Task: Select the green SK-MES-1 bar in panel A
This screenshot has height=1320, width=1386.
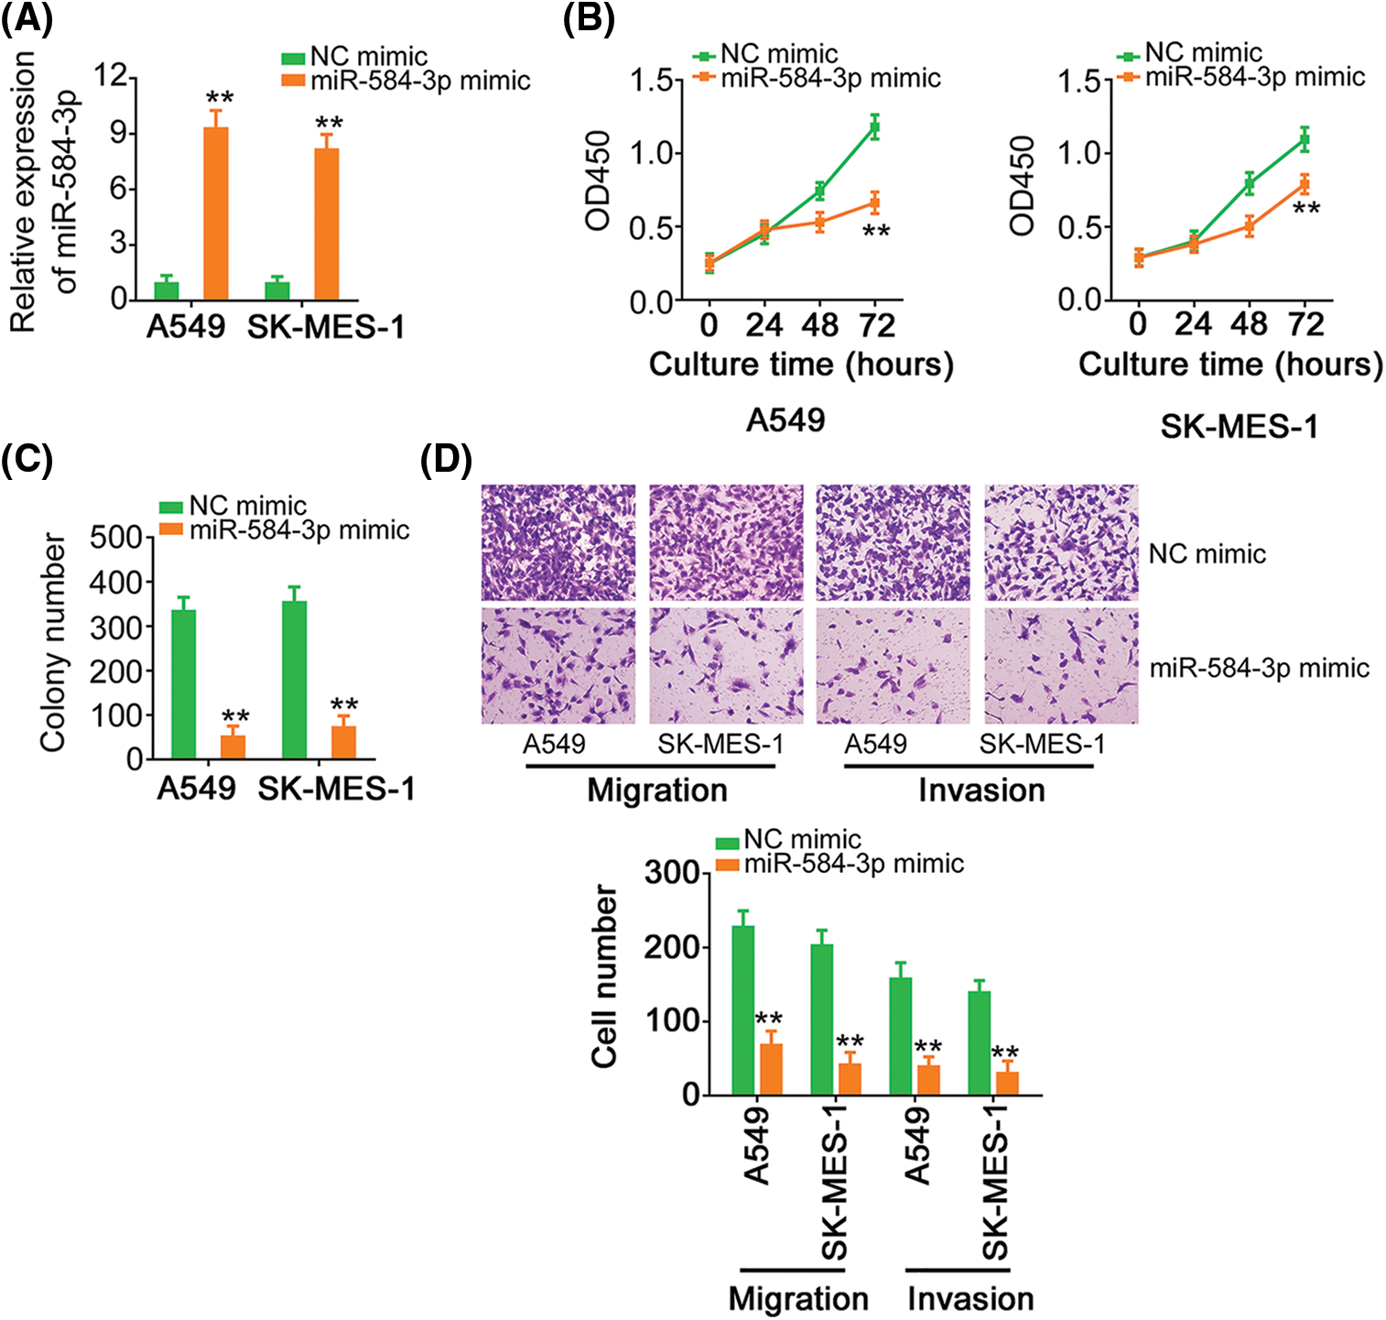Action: pyautogui.click(x=277, y=290)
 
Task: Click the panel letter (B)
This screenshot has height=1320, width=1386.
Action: pyautogui.click(x=588, y=19)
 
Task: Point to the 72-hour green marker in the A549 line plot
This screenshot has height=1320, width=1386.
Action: pyautogui.click(x=874, y=127)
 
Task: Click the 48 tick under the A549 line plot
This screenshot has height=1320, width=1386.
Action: pyautogui.click(x=819, y=325)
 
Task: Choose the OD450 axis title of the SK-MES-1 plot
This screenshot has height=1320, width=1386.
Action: pyautogui.click(x=1023, y=185)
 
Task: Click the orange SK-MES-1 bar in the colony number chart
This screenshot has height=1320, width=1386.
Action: pyautogui.click(x=343, y=742)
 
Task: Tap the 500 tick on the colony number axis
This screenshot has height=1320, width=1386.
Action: pyautogui.click(x=116, y=538)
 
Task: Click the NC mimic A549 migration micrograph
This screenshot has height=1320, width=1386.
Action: pyautogui.click(x=558, y=542)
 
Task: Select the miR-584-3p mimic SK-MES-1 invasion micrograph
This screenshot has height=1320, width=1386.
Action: pyautogui.click(x=1061, y=666)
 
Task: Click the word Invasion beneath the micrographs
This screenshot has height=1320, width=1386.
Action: pyautogui.click(x=981, y=791)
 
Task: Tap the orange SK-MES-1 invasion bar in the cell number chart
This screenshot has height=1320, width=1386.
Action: pyautogui.click(x=1007, y=1083)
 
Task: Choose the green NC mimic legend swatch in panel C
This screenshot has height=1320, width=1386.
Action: pyautogui.click(x=171, y=507)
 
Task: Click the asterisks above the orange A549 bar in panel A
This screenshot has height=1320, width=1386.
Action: pyautogui.click(x=219, y=98)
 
